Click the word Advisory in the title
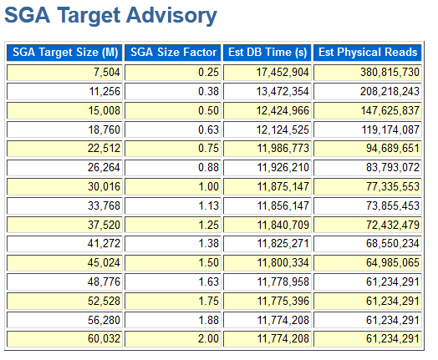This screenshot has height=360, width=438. [x=171, y=16]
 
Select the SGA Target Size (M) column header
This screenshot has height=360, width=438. [x=64, y=53]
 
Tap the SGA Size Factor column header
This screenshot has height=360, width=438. [x=173, y=53]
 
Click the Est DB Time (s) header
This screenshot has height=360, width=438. [x=267, y=53]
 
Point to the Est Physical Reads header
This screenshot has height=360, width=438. [x=368, y=53]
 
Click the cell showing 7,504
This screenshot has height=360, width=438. [x=64, y=73]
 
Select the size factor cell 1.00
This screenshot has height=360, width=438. [x=173, y=187]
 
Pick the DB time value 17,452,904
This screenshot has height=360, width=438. [x=267, y=73]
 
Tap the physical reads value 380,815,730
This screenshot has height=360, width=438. [x=368, y=73]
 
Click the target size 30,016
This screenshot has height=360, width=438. [x=64, y=187]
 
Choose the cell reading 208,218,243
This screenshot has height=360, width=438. [x=368, y=92]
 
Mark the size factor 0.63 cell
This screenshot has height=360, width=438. [x=173, y=129]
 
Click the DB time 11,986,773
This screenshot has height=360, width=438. [x=267, y=149]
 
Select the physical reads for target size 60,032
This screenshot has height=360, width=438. [x=368, y=339]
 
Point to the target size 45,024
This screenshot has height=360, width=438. [x=64, y=263]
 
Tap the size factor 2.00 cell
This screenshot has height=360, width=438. [x=173, y=339]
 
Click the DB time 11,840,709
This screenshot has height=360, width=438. [x=267, y=225]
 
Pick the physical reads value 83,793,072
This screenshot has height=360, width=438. [x=368, y=167]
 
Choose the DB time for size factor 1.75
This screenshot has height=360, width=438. [x=267, y=302]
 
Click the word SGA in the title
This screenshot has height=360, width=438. [x=28, y=16]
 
